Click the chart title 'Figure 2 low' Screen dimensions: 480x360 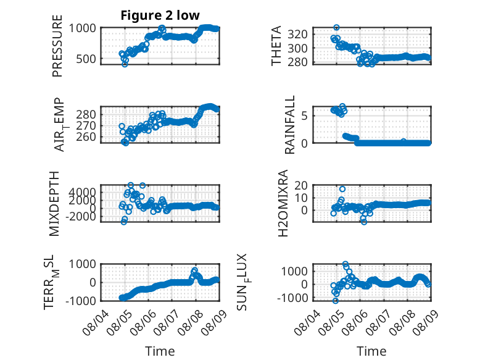tap(160, 15)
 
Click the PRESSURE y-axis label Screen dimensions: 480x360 tap(57, 46)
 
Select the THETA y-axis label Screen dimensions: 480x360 tap(276, 46)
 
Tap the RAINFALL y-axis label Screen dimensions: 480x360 tap(289, 125)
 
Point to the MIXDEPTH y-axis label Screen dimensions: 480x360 tap(54, 204)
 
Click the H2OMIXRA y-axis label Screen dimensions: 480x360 tap(283, 203)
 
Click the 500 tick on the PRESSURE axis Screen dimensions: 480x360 tap(86, 59)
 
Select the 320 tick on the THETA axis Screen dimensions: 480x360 tap(297, 34)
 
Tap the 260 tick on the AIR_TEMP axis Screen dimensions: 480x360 tap(86, 137)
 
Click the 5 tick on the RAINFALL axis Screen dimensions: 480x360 tap(305, 116)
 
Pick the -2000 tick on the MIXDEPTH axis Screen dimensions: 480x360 tap(81, 216)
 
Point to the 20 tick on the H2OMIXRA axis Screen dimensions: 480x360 tap(301, 185)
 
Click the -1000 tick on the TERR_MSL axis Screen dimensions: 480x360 tap(81, 301)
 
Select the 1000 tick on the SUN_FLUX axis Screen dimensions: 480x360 tap(294, 271)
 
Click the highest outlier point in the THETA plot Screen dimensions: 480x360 tap(336, 28)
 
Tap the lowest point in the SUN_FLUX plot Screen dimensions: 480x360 tap(336, 301)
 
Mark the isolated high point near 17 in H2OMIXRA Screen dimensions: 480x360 tap(342, 189)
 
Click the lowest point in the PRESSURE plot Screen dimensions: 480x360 tap(125, 64)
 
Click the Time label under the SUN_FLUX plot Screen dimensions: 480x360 tap(371, 351)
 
